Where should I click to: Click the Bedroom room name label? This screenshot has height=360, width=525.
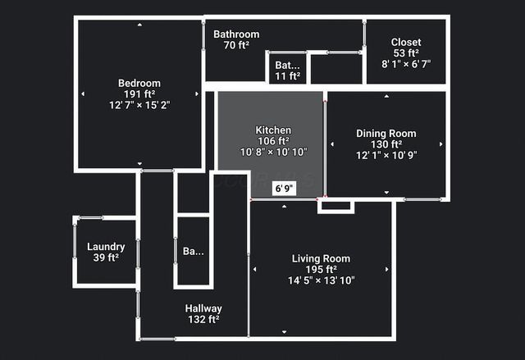click(139, 83)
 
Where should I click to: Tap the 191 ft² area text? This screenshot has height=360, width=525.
click(139, 94)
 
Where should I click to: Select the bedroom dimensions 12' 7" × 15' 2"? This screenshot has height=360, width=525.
click(139, 106)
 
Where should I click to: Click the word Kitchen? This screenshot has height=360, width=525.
click(273, 130)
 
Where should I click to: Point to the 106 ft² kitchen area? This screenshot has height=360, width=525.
click(273, 141)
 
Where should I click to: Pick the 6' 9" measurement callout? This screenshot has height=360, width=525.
click(284, 189)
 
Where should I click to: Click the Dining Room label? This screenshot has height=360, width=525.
click(386, 133)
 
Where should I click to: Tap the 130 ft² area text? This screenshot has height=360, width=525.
click(386, 144)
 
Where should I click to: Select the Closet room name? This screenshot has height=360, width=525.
click(406, 42)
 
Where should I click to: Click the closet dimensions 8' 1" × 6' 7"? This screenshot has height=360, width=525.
click(406, 63)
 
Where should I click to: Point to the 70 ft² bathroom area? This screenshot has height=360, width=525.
click(236, 45)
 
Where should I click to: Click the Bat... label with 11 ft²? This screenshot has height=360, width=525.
click(287, 65)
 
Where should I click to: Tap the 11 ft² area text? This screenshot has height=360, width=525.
click(287, 76)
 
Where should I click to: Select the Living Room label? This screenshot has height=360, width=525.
click(321, 258)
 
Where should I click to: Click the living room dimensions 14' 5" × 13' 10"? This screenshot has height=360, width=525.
click(321, 280)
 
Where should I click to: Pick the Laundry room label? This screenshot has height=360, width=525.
click(106, 247)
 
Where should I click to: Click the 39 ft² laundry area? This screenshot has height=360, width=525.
click(106, 257)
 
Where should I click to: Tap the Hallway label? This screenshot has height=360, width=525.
click(204, 308)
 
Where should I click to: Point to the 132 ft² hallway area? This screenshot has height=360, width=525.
click(204, 320)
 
